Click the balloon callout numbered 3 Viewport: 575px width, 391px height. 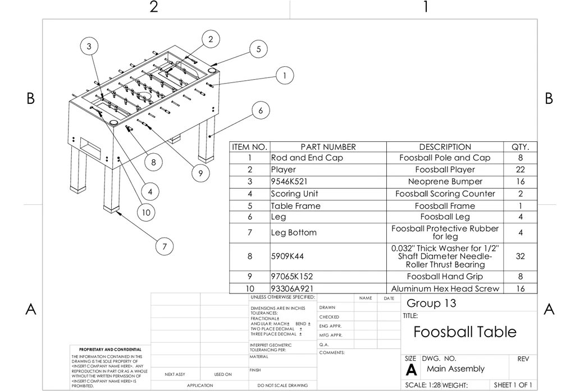[88, 47]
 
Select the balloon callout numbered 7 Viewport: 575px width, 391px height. [164, 246]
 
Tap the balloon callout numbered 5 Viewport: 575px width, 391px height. [258, 49]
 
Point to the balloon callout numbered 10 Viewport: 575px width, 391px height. [146, 213]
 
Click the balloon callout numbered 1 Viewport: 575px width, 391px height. [285, 75]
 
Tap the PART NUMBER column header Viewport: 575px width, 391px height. [328, 147]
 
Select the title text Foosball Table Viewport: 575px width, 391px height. [465, 332]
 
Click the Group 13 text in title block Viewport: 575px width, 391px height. [431, 303]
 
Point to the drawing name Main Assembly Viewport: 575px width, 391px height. [455, 369]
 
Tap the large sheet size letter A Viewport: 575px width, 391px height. [411, 371]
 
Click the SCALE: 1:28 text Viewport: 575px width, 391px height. [423, 385]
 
